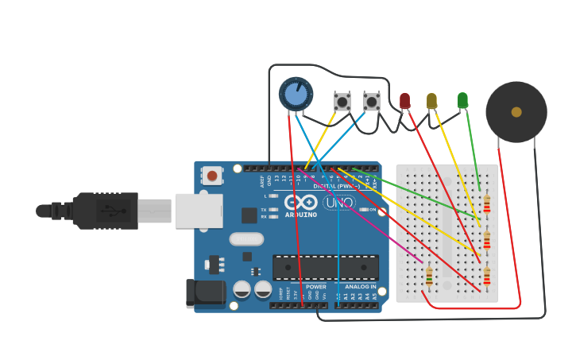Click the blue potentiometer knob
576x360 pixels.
pyautogui.click(x=296, y=94)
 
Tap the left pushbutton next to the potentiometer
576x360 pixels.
pyautogui.click(x=342, y=101)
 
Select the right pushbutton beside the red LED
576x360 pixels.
pyautogui.click(x=371, y=101)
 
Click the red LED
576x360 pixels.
pyautogui.click(x=404, y=100)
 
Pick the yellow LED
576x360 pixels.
pyautogui.click(x=431, y=101)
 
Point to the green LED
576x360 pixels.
pyautogui.click(x=462, y=100)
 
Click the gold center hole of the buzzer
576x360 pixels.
pyautogui.click(x=516, y=112)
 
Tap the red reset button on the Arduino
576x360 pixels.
pyautogui.click(x=212, y=175)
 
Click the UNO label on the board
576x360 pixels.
pyautogui.click(x=339, y=203)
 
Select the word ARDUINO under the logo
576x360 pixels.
pyautogui.click(x=300, y=215)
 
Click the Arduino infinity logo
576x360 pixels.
pyautogui.click(x=300, y=202)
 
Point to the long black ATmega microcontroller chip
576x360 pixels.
pyautogui.click(x=325, y=268)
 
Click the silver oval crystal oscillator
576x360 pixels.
pyautogui.click(x=246, y=239)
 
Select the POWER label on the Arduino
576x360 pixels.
pyautogui.click(x=315, y=287)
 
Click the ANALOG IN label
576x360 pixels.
pyautogui.click(x=360, y=287)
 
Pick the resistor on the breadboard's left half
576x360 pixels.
pyautogui.click(x=429, y=276)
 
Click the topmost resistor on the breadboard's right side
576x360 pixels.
pyautogui.click(x=486, y=204)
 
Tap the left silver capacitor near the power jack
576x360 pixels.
pyautogui.click(x=242, y=289)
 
